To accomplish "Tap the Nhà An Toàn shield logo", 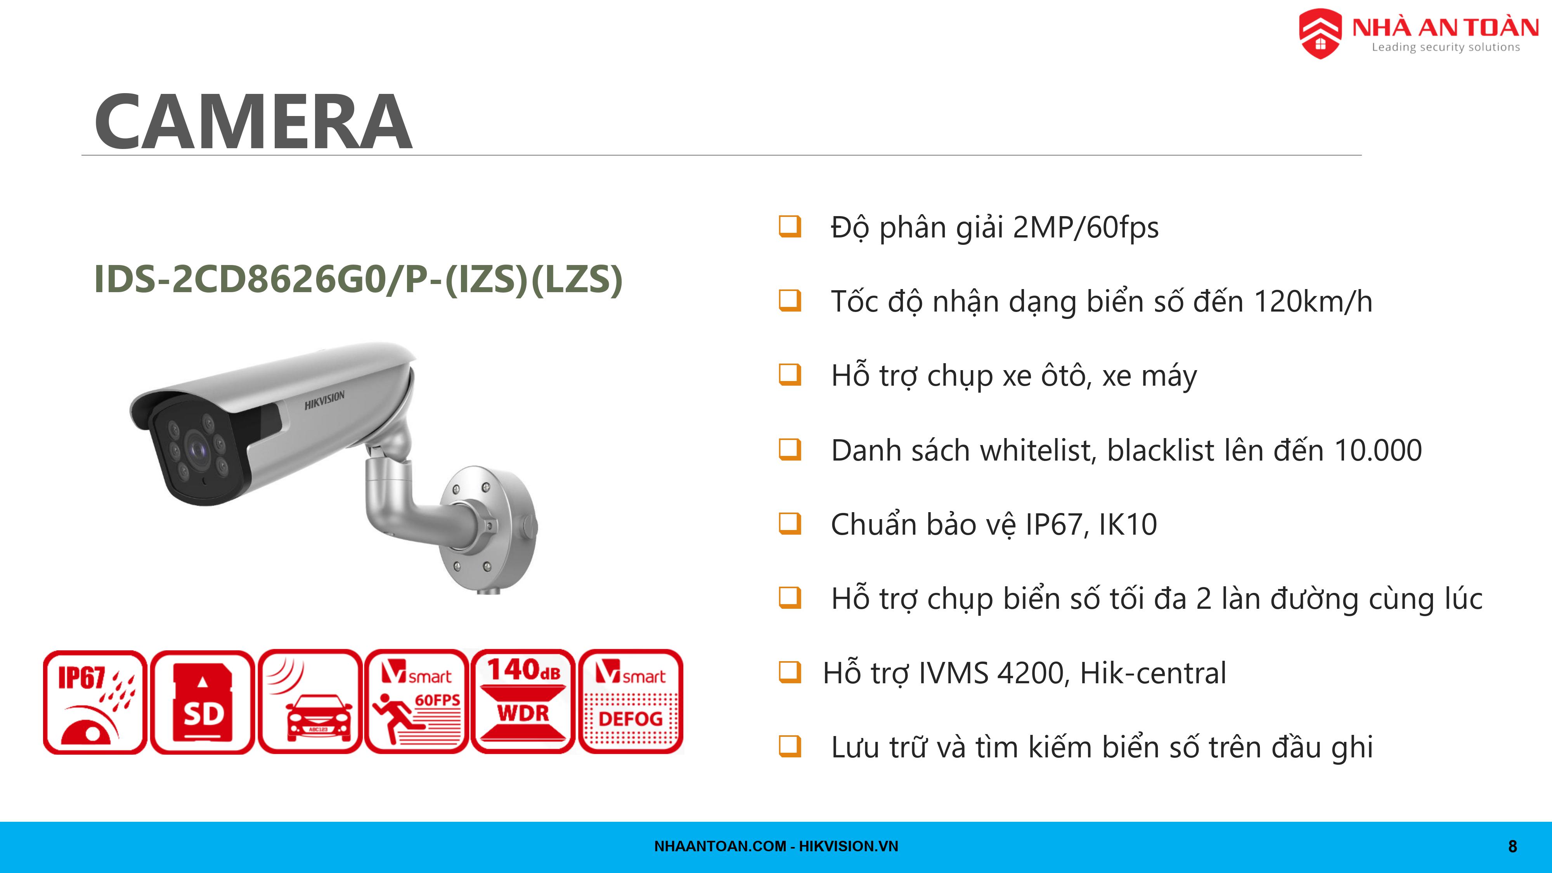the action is click(x=1320, y=34).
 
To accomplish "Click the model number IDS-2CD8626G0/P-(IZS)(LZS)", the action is click(x=359, y=279).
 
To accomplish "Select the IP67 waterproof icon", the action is click(x=95, y=702).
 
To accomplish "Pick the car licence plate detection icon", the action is click(x=310, y=702).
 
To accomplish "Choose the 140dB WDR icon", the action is click(x=523, y=702).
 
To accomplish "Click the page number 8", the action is click(x=1512, y=847).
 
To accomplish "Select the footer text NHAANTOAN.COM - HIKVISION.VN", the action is click(x=776, y=847).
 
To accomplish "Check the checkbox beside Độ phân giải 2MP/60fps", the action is click(x=790, y=227).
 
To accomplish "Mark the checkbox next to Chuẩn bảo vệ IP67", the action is click(x=790, y=523).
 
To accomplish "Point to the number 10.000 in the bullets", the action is click(x=1379, y=450).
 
